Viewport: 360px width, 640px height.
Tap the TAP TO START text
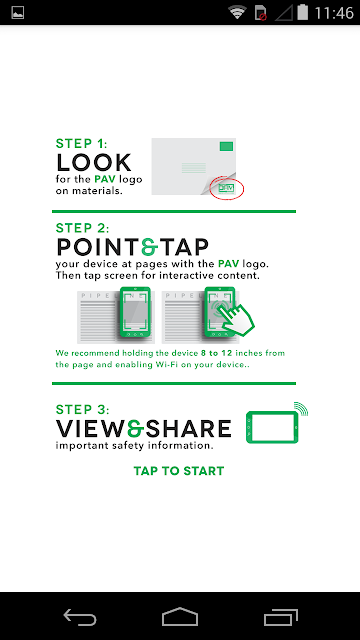(x=179, y=471)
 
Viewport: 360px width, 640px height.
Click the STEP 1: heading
(x=82, y=143)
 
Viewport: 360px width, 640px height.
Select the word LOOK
(x=94, y=162)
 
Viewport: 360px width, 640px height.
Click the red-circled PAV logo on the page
(x=226, y=188)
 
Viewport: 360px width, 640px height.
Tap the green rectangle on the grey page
(x=226, y=146)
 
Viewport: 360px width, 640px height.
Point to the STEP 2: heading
(x=83, y=227)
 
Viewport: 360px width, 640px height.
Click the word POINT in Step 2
(x=98, y=247)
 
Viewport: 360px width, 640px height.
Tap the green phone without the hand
(x=136, y=313)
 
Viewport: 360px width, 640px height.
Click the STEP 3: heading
(x=83, y=409)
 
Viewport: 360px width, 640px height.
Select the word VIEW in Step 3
(x=91, y=429)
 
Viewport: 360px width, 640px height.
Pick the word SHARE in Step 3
(x=188, y=429)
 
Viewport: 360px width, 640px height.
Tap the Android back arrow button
(x=80, y=617)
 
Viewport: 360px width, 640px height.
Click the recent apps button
(x=280, y=617)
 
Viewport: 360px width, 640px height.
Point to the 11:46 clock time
(x=334, y=13)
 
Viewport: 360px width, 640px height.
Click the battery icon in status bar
(x=302, y=12)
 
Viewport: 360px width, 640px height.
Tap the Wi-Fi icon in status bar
(x=238, y=13)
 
